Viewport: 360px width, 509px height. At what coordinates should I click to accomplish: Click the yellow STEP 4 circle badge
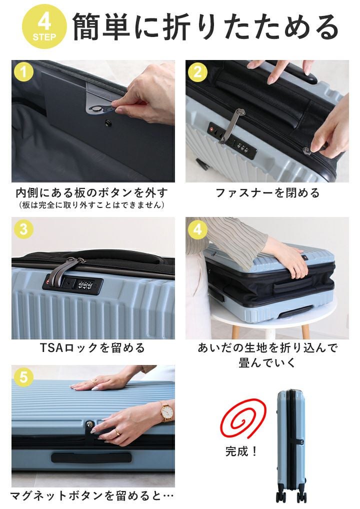point(44,26)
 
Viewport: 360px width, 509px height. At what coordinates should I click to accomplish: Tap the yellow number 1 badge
point(23,71)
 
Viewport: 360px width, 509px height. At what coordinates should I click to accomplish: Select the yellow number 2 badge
point(197,71)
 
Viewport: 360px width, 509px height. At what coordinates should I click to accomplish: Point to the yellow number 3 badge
point(23,229)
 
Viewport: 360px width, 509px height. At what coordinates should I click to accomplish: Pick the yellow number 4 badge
point(197,229)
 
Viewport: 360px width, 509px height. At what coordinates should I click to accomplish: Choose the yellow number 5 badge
point(23,377)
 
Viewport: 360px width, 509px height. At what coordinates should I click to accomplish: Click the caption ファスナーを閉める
point(267,193)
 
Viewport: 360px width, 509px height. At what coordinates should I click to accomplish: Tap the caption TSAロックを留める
point(92,348)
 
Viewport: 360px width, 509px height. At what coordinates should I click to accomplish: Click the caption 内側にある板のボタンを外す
point(92,193)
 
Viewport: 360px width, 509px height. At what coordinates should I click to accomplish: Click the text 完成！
point(241,451)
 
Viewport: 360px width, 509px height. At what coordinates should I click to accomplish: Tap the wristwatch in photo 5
point(167,411)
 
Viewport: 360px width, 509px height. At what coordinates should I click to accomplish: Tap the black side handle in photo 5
point(91,457)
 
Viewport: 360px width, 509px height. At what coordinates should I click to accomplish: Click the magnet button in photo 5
point(89,425)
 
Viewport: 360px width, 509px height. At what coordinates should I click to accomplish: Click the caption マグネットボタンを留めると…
point(92,495)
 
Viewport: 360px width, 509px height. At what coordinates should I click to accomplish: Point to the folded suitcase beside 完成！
point(291,446)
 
